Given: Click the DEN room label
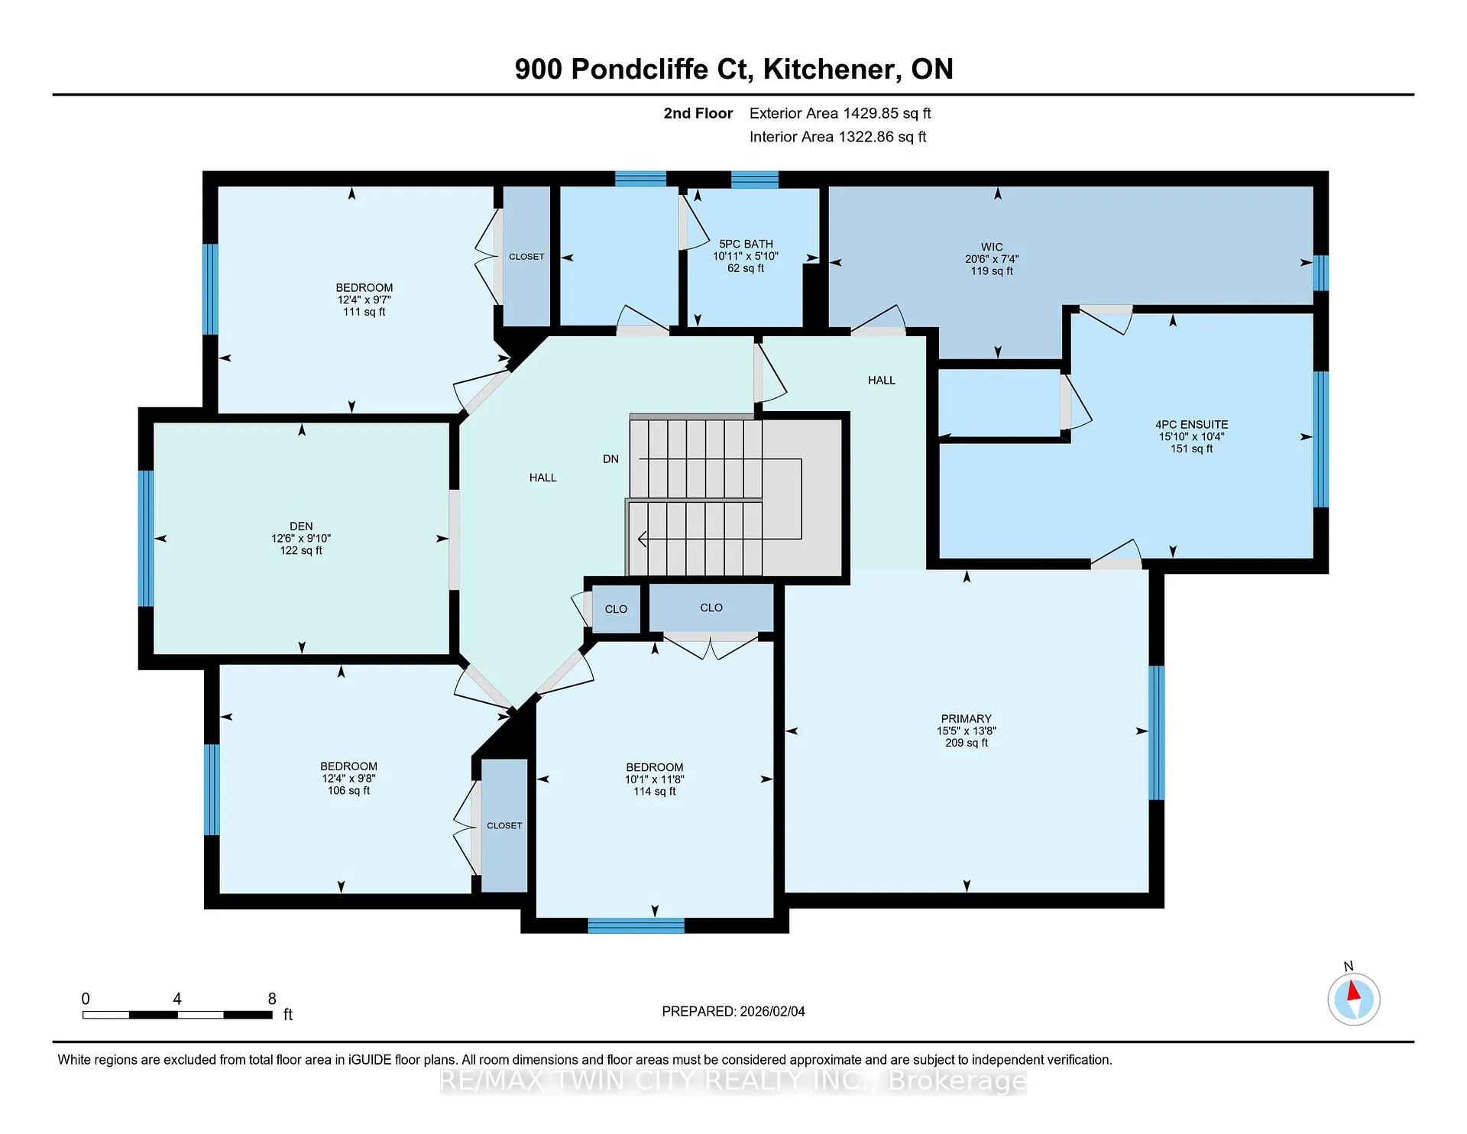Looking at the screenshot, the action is coord(301,526).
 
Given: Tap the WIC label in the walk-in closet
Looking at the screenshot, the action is coord(992,247).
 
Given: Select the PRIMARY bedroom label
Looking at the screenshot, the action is coord(967,718).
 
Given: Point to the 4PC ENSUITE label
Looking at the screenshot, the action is coord(1192,424).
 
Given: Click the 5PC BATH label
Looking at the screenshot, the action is coord(746,244).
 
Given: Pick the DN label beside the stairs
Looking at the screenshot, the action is coord(610,458).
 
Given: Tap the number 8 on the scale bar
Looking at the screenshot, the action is coord(272,999).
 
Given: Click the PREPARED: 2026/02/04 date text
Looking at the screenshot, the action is coord(733,1011).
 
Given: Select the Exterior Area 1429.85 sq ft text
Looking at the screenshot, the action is coord(840,113).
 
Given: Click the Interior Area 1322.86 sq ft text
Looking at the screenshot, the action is coord(838,137).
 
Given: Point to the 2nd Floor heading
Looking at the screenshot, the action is coord(698,113).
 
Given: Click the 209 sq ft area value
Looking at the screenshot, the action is coord(967,743).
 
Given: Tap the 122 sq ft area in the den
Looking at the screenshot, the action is coord(301,550).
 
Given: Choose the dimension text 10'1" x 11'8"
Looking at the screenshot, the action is coord(655,779).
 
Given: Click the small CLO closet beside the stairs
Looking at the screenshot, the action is coord(616,609).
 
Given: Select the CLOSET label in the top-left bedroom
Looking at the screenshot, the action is coord(526,257).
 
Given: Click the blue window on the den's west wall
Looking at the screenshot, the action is coord(146,539).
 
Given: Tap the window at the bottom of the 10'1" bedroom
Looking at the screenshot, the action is coord(636,925).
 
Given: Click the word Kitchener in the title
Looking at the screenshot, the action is coord(829,70).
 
